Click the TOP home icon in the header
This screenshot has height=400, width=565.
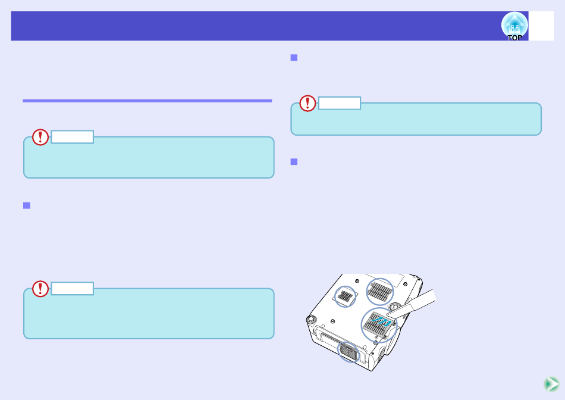pos(514,26)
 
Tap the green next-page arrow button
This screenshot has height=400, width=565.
pos(551,384)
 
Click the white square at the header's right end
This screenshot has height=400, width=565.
pos(541,26)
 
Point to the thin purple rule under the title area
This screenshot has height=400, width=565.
pos(147,101)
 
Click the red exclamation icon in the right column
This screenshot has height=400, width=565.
pos(307,103)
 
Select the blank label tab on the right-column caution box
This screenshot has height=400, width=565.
pos(340,103)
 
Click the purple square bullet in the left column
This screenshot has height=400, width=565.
pos(27,205)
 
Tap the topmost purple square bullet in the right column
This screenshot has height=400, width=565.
pos(294,58)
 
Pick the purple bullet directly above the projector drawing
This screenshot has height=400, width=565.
pos(294,161)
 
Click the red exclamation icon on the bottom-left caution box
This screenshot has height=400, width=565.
pos(40,289)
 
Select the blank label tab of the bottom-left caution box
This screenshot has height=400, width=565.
pos(73,289)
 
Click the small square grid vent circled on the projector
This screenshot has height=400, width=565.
pos(345,296)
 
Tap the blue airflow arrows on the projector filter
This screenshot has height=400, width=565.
pos(381,320)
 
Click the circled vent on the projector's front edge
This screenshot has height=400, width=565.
pos(349,352)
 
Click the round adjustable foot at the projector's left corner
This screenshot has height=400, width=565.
pos(310,319)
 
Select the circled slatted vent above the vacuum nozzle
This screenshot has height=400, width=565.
pos(380,292)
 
